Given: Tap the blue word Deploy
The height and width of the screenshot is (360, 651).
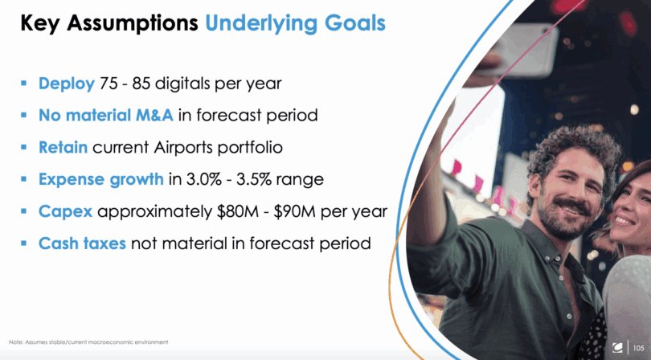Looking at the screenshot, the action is click(x=67, y=84).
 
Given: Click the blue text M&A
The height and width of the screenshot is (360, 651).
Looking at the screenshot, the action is click(x=154, y=115).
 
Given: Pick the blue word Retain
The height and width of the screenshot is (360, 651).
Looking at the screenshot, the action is click(x=63, y=147).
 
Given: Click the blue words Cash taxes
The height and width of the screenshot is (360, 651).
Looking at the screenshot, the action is click(x=82, y=243).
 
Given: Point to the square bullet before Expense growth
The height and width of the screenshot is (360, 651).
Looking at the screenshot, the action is click(x=23, y=179).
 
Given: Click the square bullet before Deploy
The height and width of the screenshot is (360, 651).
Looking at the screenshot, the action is click(x=23, y=84).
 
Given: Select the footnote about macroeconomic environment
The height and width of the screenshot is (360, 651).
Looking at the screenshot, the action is click(x=88, y=342).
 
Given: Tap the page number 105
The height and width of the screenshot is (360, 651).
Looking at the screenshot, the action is click(x=639, y=348).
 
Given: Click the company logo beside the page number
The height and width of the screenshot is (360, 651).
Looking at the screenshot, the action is click(x=617, y=347).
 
